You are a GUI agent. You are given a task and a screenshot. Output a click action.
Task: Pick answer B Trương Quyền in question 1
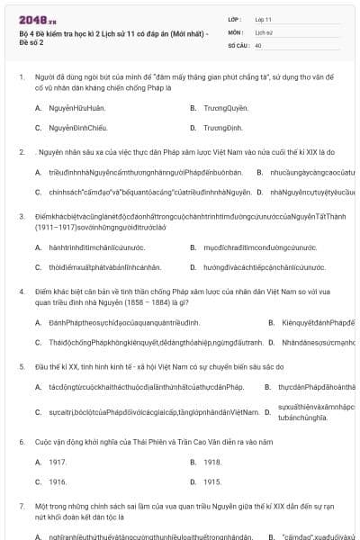[x=221, y=108]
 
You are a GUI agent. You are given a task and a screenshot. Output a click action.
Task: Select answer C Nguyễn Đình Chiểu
[x=72, y=129]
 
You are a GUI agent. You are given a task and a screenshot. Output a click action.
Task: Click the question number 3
[x=22, y=216]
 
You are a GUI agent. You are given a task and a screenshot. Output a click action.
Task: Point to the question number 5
[x=22, y=367]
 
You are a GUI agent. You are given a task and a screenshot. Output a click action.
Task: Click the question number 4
[x=22, y=292]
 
